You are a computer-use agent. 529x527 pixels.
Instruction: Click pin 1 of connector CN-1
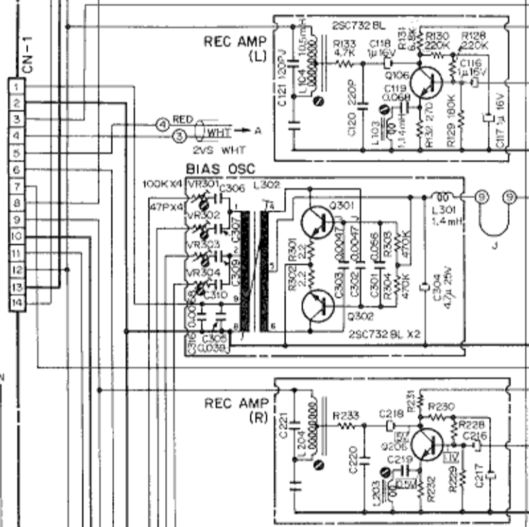(x=18, y=86)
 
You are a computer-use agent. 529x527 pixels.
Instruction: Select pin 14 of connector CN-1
(x=18, y=303)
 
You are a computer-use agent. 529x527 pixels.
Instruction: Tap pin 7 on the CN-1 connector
(x=18, y=187)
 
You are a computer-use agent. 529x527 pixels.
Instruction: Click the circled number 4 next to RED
(x=162, y=124)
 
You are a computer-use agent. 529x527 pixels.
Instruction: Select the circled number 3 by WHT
(x=180, y=136)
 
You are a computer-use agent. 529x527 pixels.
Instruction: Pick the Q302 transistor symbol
(x=319, y=306)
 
